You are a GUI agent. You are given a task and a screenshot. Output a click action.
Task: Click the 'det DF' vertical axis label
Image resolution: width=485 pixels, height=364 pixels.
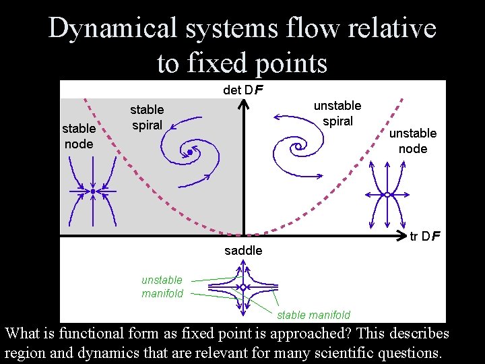click(x=243, y=90)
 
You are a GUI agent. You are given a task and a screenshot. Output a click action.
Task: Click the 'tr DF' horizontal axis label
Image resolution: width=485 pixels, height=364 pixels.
click(x=426, y=236)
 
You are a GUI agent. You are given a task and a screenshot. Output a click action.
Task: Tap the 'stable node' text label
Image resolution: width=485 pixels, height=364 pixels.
click(x=78, y=136)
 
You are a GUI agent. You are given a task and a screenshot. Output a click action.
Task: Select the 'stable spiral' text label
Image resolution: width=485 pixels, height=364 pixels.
click(x=147, y=117)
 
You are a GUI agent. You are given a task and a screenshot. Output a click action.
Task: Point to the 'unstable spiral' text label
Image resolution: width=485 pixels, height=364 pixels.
click(x=337, y=113)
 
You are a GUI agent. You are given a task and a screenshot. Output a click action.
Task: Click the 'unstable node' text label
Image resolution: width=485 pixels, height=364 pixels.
click(x=413, y=141)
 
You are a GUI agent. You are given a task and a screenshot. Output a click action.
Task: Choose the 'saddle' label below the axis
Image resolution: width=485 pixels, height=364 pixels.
click(x=243, y=251)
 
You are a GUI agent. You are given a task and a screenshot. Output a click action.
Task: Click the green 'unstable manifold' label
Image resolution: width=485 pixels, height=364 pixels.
click(x=162, y=286)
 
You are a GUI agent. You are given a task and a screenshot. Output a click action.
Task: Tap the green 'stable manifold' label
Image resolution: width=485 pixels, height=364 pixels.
click(x=314, y=315)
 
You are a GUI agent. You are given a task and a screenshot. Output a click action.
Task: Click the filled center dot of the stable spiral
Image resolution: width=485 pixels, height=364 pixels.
click(x=190, y=153)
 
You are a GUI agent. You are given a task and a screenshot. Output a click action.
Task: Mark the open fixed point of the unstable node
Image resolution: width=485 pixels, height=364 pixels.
click(x=387, y=195)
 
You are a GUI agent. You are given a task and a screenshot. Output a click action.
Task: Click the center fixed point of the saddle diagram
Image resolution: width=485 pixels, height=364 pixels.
click(x=243, y=287)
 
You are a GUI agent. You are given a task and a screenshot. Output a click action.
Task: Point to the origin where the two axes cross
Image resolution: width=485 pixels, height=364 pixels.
click(x=243, y=236)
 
